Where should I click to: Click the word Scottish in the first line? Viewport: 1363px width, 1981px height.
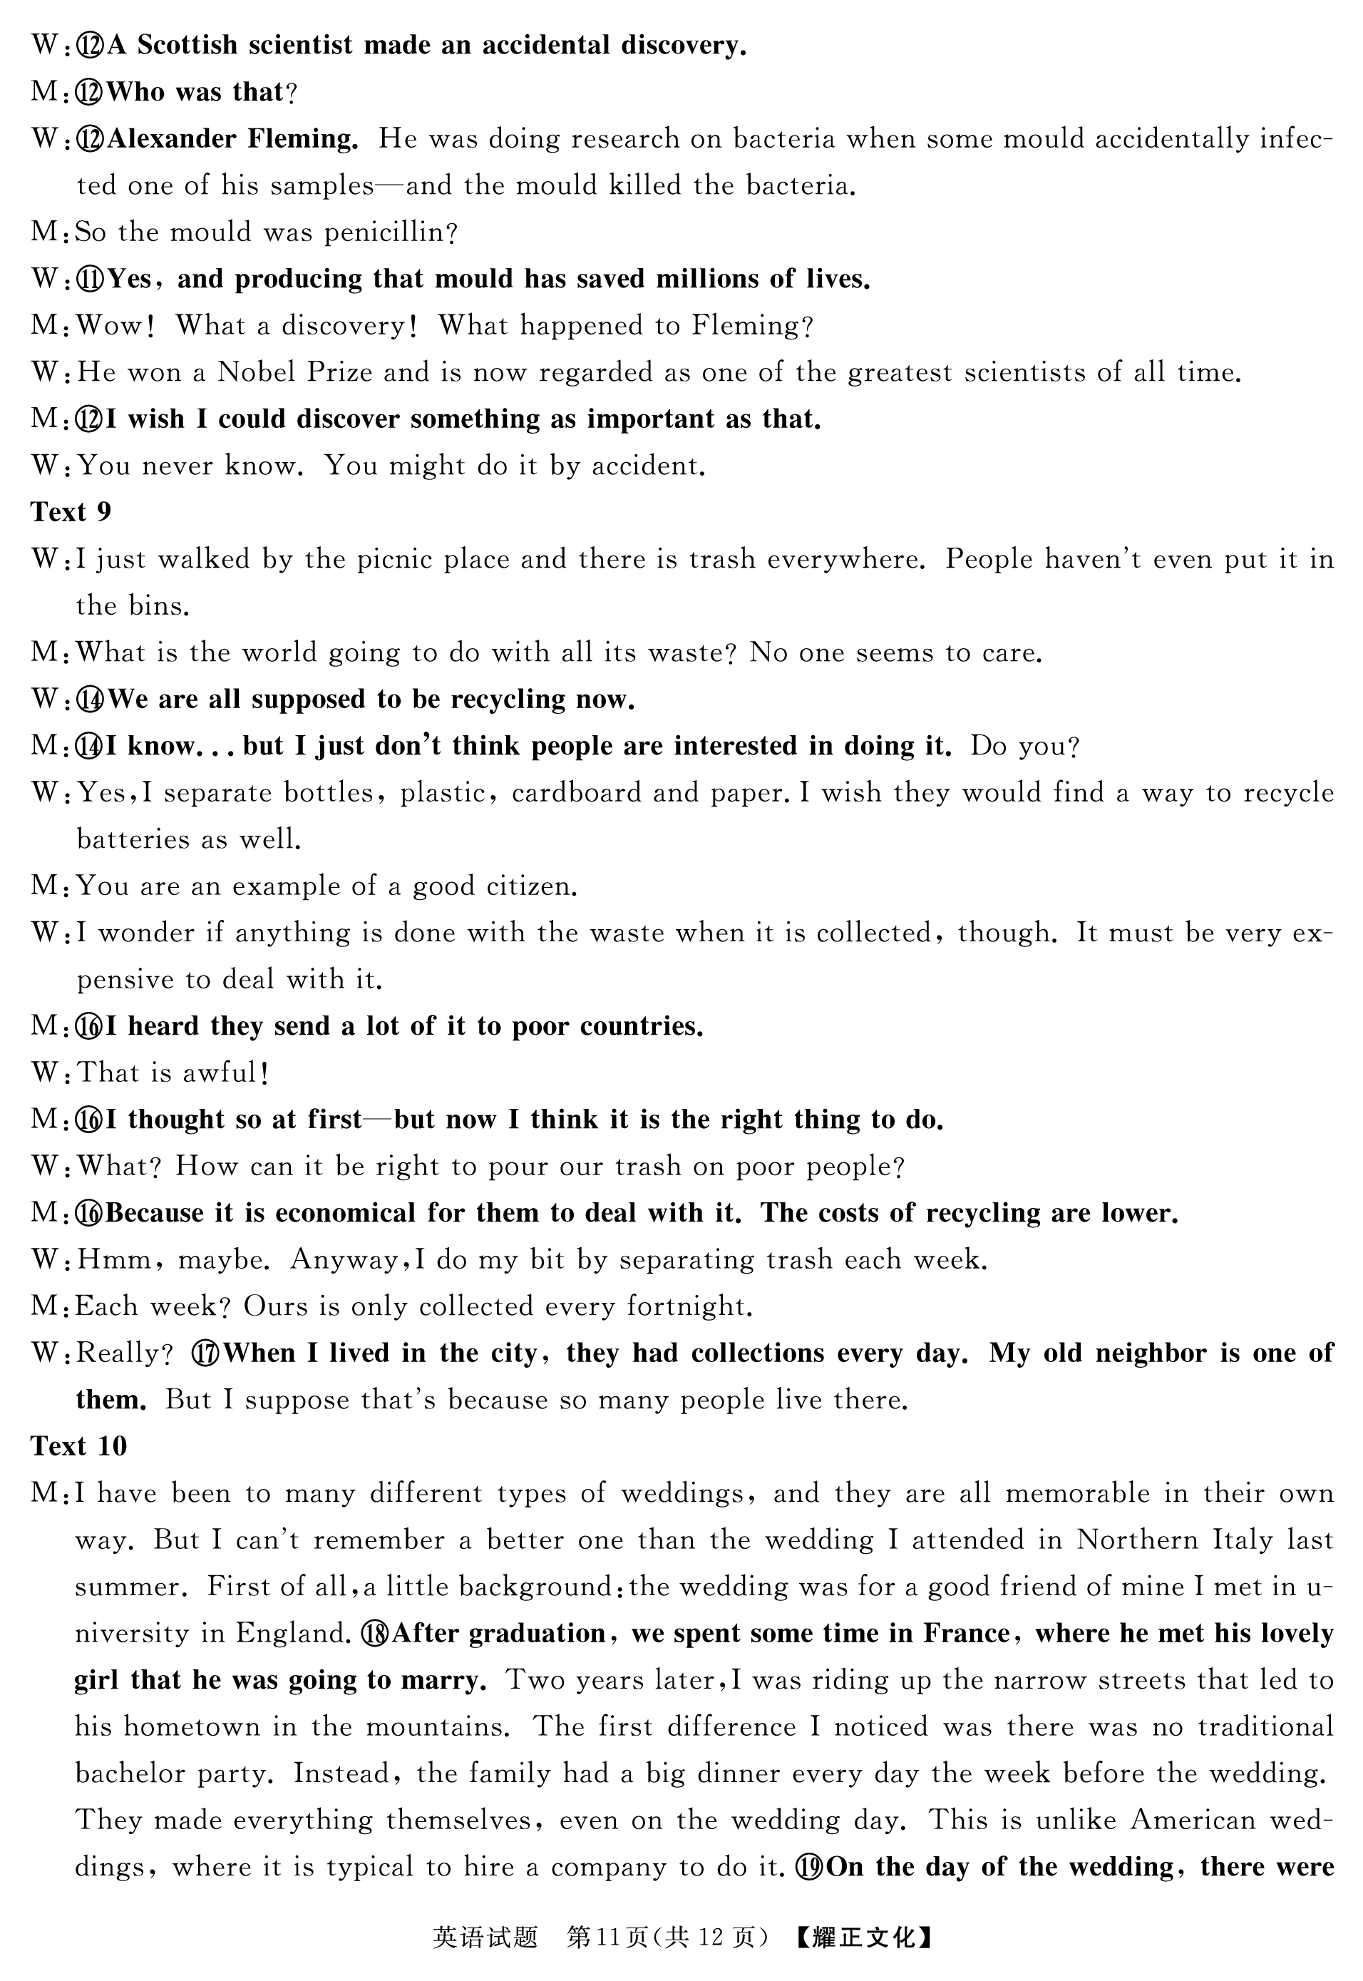tap(187, 45)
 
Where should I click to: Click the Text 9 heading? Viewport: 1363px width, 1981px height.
tap(71, 512)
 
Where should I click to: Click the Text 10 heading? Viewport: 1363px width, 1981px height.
tap(78, 1445)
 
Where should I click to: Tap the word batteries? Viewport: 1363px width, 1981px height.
tap(133, 840)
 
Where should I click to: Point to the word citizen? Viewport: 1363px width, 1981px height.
tap(531, 886)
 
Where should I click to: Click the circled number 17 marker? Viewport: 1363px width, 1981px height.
tap(207, 1353)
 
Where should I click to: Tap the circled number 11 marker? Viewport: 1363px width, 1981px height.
tap(91, 280)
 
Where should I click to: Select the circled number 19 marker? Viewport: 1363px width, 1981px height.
tap(811, 1866)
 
